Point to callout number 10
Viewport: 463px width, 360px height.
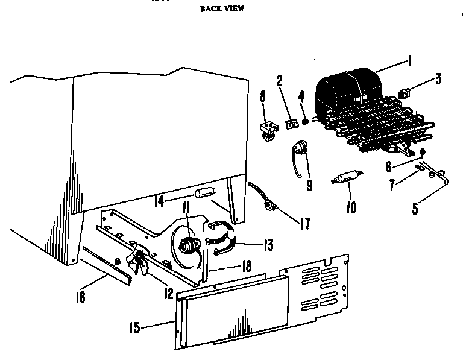click(351, 207)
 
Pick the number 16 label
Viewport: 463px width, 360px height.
click(80, 297)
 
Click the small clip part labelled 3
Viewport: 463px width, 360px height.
click(405, 93)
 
